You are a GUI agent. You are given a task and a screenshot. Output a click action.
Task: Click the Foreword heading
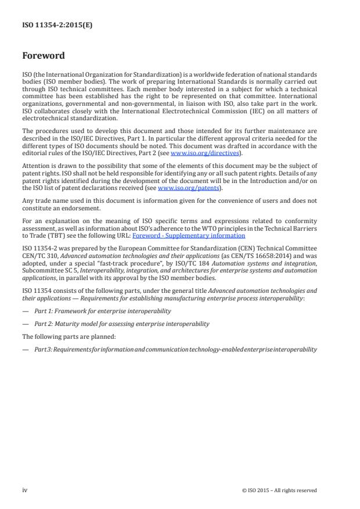click(44, 56)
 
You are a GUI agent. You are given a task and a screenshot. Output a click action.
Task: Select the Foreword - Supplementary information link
click(180, 236)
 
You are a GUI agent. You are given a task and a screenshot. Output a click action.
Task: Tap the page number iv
click(25, 490)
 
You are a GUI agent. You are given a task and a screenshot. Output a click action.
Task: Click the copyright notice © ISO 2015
click(279, 490)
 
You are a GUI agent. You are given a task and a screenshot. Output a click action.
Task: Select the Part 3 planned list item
click(174, 349)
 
